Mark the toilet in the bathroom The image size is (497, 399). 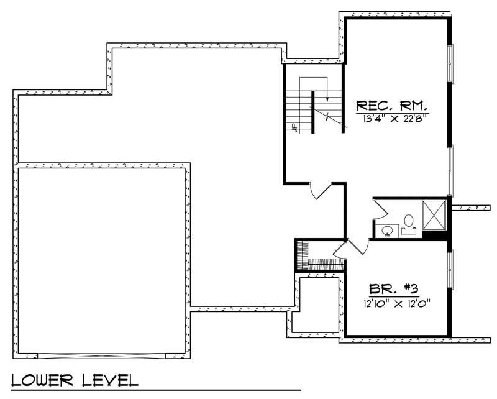tap(408, 222)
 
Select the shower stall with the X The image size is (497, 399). tap(434, 214)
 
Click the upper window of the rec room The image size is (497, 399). tap(451, 63)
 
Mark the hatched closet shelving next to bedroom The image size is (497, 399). tap(301, 255)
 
